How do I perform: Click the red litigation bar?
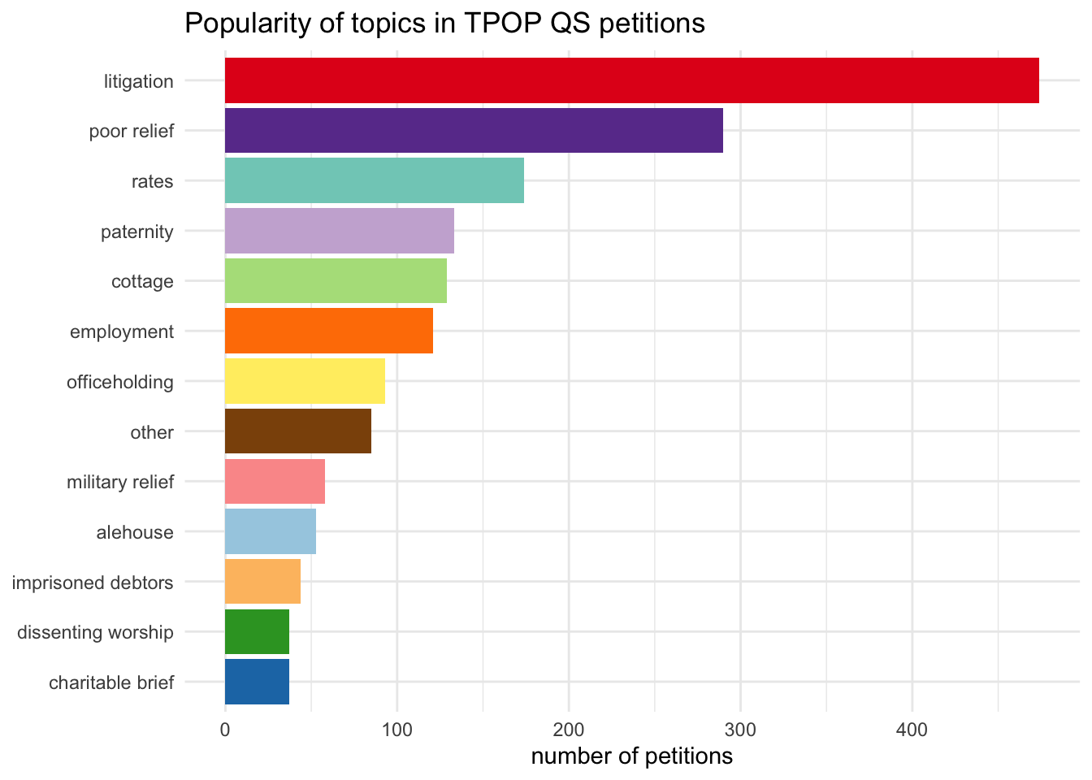631,80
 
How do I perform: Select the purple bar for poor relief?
474,131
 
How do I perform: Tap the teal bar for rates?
374,180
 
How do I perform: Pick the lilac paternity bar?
339,231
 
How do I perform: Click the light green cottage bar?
336,281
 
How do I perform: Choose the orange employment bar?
328,331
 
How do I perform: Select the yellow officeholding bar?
305,381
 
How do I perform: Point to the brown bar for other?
297,431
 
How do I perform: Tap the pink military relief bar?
275,482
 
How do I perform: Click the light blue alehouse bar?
270,531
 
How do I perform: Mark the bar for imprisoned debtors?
262,582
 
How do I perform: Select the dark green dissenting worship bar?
257,632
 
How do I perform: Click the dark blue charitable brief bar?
257,682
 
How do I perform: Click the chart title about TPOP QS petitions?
444,23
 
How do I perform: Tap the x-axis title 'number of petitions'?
631,756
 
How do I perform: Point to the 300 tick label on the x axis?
740,730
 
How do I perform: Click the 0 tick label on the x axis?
225,730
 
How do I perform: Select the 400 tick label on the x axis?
912,730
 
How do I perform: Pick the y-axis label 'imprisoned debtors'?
93,583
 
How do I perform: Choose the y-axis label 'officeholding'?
120,382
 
